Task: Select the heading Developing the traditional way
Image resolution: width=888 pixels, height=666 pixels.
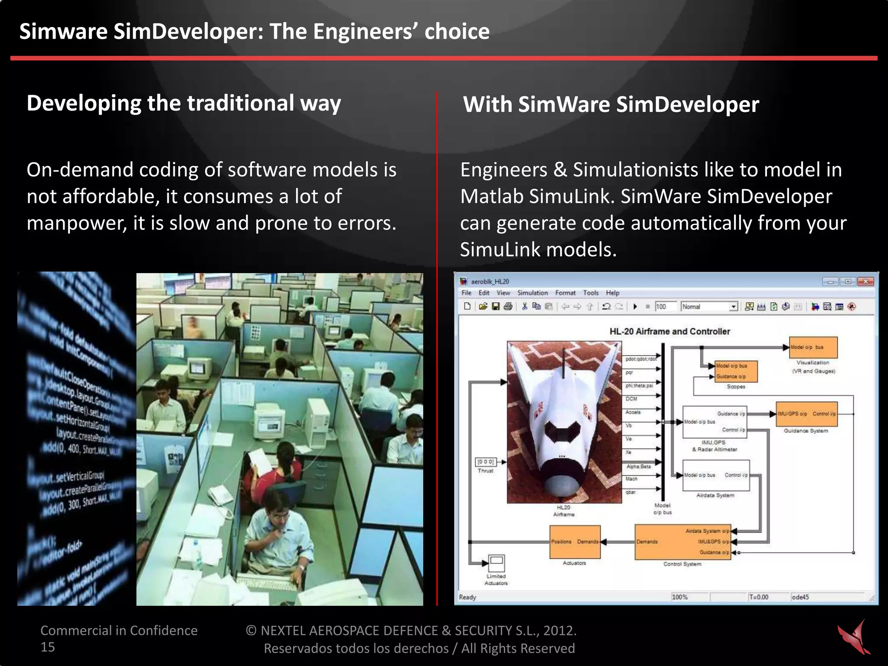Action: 183,104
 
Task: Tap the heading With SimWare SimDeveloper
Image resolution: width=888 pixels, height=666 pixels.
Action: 610,104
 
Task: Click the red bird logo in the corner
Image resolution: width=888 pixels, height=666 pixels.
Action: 854,637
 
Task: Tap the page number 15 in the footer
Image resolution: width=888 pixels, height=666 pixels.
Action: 48,647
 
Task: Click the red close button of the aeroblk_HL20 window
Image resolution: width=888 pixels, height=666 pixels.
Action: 865,282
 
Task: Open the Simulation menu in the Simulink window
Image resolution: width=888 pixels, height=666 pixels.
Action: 532,293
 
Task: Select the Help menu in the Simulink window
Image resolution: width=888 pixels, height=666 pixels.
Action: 612,293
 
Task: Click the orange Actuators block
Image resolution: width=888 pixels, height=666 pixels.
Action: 575,542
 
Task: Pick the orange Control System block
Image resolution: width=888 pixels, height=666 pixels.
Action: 682,542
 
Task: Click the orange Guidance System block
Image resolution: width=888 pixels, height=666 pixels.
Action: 806,415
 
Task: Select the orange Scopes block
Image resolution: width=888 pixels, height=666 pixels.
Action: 736,372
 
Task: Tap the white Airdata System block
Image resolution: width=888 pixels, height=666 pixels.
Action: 715,475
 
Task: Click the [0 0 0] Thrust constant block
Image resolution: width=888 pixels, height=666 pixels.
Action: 485,462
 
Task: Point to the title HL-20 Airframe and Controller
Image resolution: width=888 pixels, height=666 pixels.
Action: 669,332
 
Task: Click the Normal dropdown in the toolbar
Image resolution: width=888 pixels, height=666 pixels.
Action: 709,307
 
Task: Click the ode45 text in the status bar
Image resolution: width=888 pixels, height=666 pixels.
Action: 800,597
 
